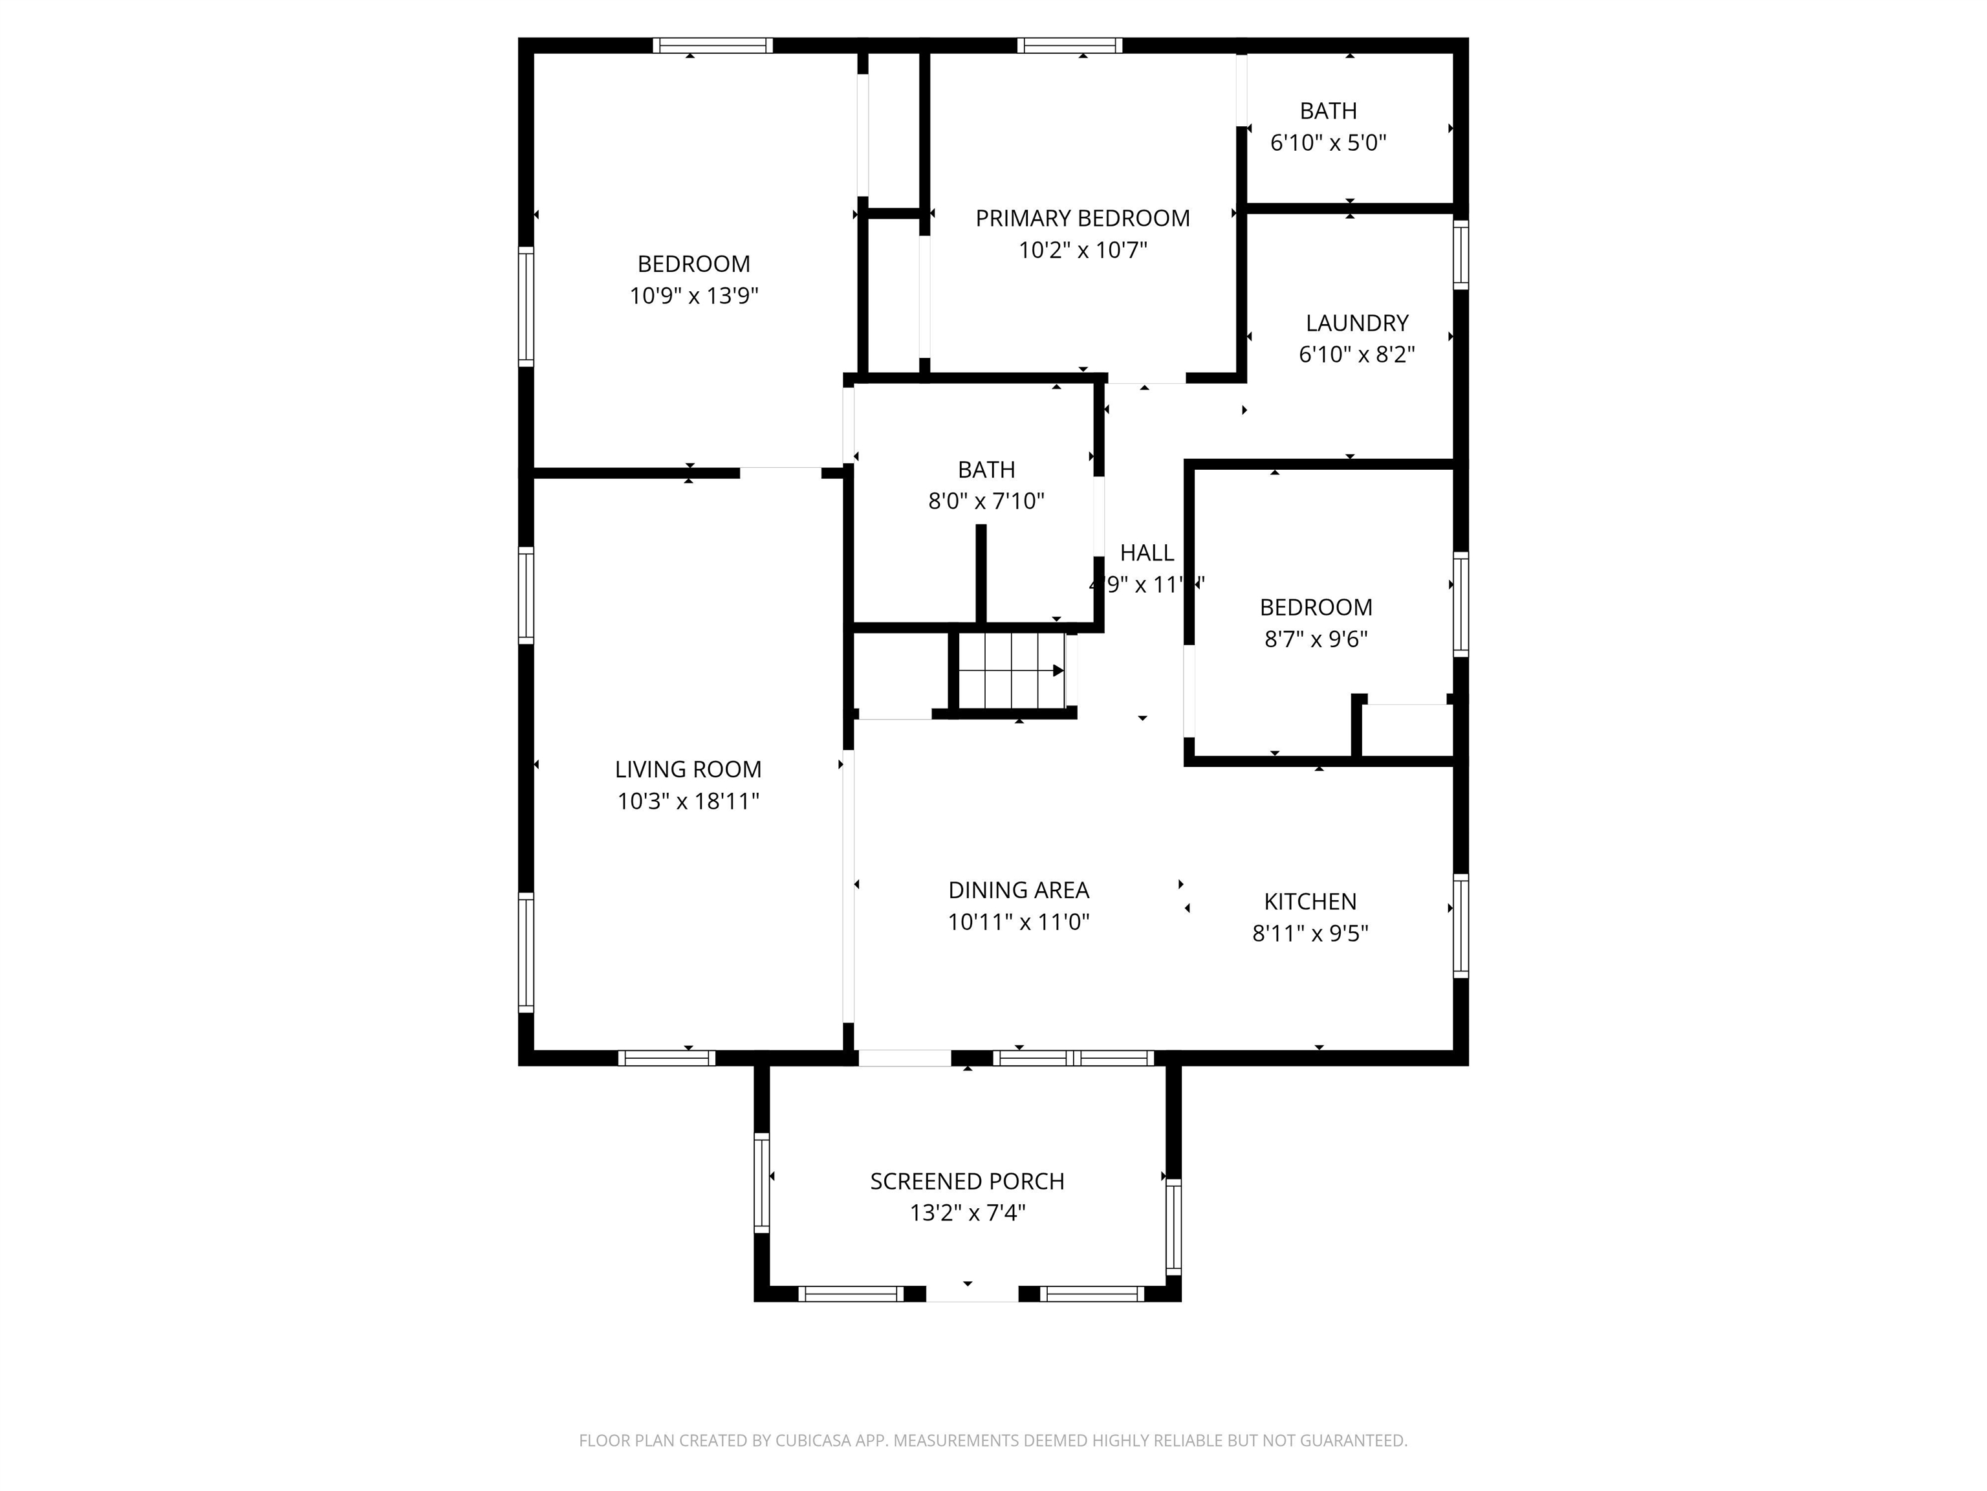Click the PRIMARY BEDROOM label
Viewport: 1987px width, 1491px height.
coord(1082,218)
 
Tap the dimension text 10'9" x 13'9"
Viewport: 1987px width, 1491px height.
coord(693,296)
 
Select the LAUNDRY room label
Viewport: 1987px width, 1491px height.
coord(1356,323)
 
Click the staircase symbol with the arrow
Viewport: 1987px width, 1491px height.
coord(1014,670)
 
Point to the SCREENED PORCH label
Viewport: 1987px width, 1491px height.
coord(966,1181)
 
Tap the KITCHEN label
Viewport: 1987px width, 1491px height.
coord(1310,901)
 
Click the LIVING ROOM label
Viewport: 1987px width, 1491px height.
coord(688,769)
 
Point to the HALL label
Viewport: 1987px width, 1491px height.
coord(1146,553)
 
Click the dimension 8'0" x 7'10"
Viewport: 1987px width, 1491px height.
coord(986,502)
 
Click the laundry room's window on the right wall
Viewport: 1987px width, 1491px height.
coord(1460,255)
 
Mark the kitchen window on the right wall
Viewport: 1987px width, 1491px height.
coord(1460,925)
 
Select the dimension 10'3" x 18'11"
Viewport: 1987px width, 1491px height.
coord(688,801)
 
